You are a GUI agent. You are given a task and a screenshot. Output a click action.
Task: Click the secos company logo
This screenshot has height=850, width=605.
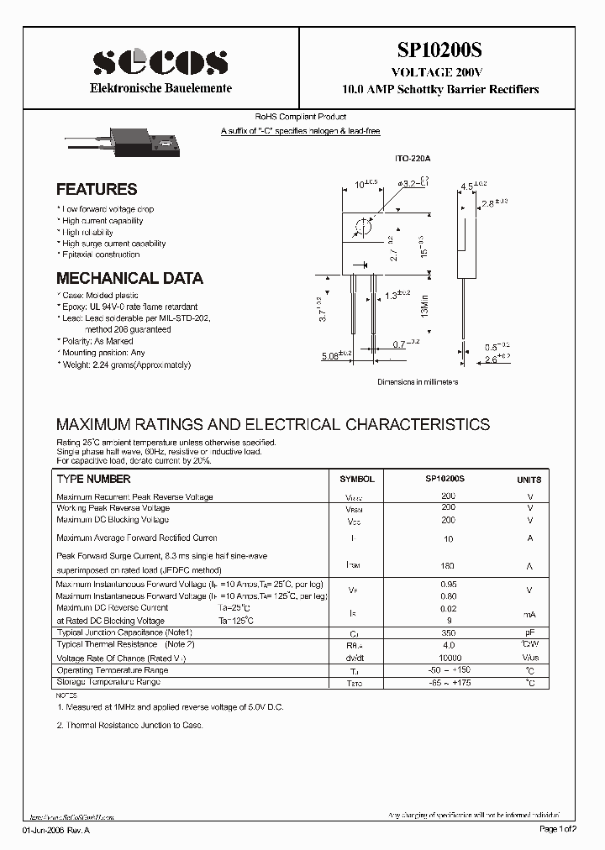[160, 61]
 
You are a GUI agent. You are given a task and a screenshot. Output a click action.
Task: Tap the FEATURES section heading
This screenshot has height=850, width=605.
[97, 190]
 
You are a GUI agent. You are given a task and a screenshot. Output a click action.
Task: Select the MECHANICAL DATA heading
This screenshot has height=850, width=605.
[129, 278]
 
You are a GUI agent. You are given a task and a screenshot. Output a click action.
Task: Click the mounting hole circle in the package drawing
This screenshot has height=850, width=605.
[365, 227]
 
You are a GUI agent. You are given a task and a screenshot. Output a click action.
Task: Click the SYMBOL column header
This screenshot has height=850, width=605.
[356, 479]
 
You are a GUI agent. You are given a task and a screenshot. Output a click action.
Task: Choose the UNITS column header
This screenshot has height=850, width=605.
[529, 480]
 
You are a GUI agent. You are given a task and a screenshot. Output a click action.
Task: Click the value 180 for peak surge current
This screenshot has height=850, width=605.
[448, 566]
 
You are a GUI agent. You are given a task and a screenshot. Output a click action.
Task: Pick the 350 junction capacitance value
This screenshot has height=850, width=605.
[448, 632]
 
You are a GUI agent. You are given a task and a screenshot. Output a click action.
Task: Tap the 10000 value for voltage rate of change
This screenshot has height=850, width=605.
[448, 658]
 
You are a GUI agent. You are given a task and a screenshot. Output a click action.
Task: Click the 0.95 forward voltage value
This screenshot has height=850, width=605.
[448, 584]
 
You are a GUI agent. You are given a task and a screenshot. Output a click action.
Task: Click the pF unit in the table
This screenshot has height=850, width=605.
[529, 632]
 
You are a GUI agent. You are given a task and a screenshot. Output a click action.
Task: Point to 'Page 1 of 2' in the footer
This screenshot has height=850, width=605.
[558, 830]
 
